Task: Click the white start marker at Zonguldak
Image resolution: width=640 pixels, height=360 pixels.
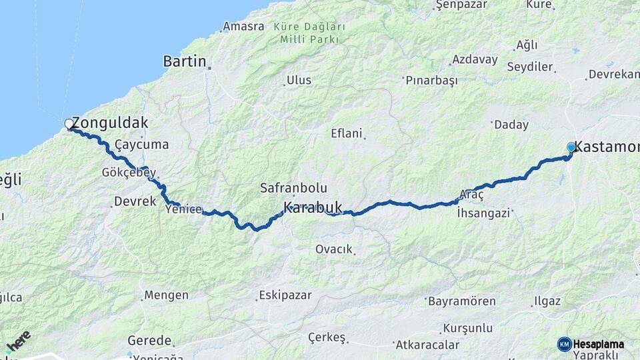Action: tap(69, 124)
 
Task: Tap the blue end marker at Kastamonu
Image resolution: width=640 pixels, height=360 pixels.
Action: tap(571, 147)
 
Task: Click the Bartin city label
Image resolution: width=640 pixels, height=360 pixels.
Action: tap(185, 61)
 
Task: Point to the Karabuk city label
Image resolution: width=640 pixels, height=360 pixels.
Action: tap(313, 207)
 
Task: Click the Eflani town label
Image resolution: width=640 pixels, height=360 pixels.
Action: tap(347, 133)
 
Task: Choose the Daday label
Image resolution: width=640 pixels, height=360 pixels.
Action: tap(510, 125)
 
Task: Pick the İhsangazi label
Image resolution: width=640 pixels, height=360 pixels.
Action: tap(483, 213)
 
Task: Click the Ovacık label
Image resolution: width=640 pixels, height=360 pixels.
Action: tap(333, 249)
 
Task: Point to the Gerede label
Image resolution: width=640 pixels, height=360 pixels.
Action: tap(150, 340)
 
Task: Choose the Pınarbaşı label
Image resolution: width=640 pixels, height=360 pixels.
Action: tap(432, 80)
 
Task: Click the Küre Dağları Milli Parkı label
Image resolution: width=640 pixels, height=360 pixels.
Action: tap(309, 33)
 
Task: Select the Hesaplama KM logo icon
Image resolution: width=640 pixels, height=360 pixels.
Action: tap(565, 344)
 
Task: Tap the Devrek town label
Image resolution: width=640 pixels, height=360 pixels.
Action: tap(135, 201)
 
